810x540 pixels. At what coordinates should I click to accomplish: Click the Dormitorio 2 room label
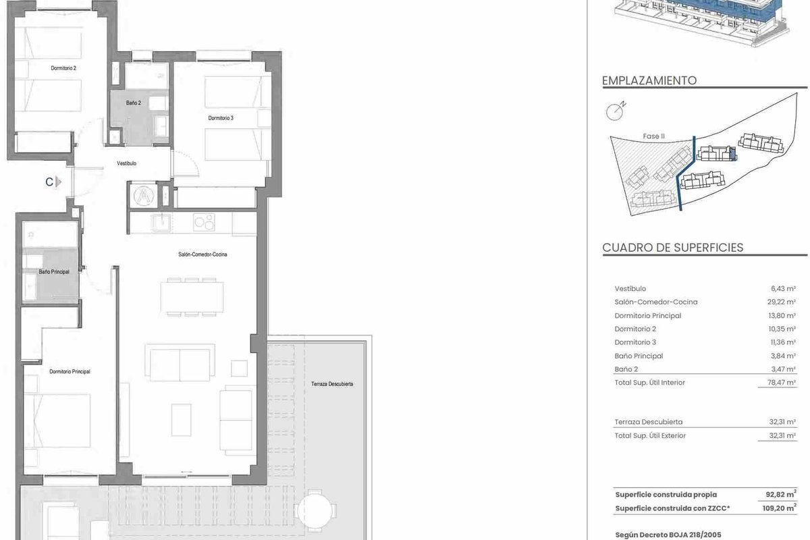pyautogui.click(x=63, y=68)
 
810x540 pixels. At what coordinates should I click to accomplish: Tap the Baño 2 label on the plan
pyautogui.click(x=134, y=103)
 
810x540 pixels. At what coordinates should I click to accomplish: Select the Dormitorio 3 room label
pyautogui.click(x=221, y=118)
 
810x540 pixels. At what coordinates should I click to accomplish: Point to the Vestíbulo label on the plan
pyautogui.click(x=127, y=163)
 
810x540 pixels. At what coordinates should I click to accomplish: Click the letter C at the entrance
pyautogui.click(x=49, y=182)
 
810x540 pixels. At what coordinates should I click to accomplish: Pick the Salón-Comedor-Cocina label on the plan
pyautogui.click(x=202, y=254)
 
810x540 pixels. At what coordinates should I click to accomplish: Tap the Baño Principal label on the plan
pyautogui.click(x=54, y=271)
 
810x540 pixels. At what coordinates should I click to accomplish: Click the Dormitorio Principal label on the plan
pyautogui.click(x=70, y=371)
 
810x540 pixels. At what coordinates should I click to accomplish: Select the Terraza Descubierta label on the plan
pyautogui.click(x=332, y=384)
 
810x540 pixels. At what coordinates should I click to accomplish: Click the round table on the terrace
pyautogui.click(x=315, y=511)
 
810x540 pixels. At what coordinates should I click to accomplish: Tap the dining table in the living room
pyautogui.click(x=192, y=297)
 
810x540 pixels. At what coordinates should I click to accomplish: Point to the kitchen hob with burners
pyautogui.click(x=204, y=221)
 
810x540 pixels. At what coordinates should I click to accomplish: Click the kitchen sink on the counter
pyautogui.click(x=161, y=222)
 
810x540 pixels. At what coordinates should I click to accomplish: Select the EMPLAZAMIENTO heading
pyautogui.click(x=649, y=80)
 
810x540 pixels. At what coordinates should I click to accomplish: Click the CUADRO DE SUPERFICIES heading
pyautogui.click(x=672, y=248)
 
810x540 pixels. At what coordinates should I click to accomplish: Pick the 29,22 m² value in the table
pyautogui.click(x=781, y=302)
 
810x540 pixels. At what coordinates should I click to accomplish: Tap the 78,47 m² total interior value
pyautogui.click(x=782, y=383)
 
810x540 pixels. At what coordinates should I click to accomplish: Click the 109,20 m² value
pyautogui.click(x=779, y=508)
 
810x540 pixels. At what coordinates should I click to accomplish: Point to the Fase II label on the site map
pyautogui.click(x=654, y=136)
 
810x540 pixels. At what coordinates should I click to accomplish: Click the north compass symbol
pyautogui.click(x=616, y=111)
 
